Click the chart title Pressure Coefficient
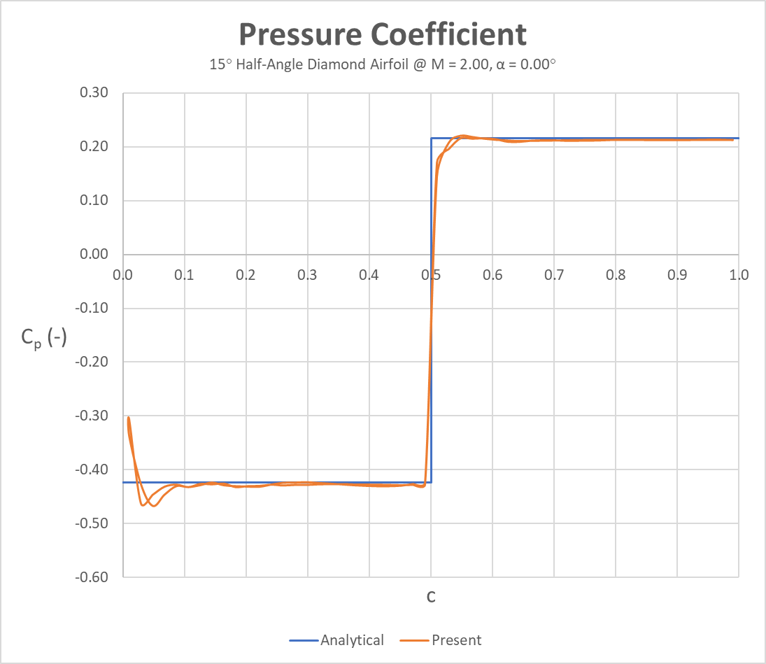(x=383, y=34)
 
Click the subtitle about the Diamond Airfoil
(x=383, y=65)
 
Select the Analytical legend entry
(x=352, y=640)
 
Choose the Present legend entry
(x=456, y=640)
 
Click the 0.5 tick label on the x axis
(x=431, y=275)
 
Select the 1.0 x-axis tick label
(x=739, y=275)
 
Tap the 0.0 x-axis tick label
(x=123, y=275)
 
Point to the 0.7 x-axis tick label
(x=554, y=275)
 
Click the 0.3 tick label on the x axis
(x=308, y=275)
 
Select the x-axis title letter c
(x=431, y=597)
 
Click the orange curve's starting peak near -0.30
(x=129, y=418)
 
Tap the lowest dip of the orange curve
(x=153, y=505)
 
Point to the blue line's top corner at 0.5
(x=431, y=139)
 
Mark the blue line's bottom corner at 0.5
(x=431, y=482)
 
